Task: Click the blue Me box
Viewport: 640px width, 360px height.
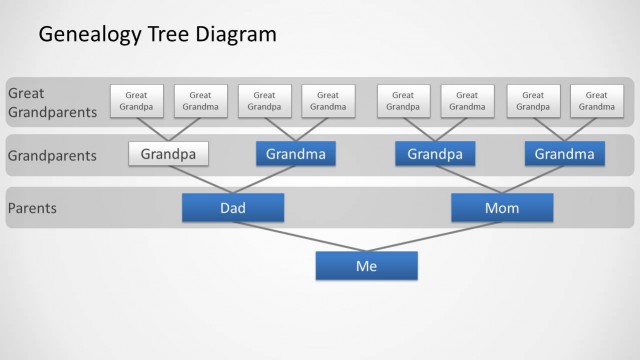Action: [x=366, y=266]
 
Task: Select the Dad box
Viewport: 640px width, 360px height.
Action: [x=232, y=208]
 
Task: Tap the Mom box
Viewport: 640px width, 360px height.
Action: [x=501, y=208]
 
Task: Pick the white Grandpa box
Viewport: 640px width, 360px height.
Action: [x=168, y=154]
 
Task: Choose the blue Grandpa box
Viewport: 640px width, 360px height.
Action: [x=434, y=154]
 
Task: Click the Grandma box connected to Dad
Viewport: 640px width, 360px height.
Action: [x=296, y=154]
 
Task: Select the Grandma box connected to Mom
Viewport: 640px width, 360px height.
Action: [x=564, y=154]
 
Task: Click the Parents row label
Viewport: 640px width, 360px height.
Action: [x=33, y=208]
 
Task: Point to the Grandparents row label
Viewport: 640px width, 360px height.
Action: [x=52, y=155]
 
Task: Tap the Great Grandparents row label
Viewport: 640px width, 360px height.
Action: [x=52, y=102]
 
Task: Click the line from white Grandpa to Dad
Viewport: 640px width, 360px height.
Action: [x=200, y=179]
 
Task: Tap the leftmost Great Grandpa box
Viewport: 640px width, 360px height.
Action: [x=136, y=101]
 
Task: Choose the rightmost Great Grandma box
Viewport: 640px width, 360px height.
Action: [x=596, y=101]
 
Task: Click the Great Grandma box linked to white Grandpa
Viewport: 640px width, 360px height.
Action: [x=200, y=101]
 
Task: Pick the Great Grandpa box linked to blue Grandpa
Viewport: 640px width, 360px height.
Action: [x=403, y=101]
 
